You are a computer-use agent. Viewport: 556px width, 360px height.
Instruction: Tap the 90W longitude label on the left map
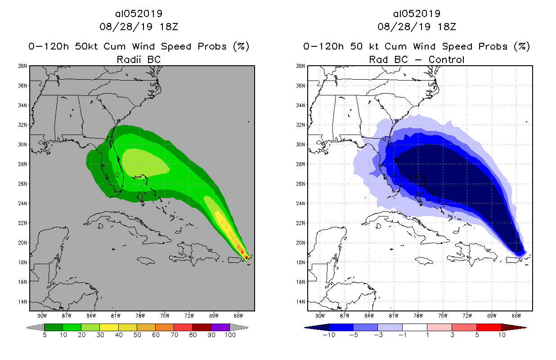tap(43, 315)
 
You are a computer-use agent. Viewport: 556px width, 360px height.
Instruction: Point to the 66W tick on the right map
tap(516, 315)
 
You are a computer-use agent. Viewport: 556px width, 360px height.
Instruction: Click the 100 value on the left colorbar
tap(230, 335)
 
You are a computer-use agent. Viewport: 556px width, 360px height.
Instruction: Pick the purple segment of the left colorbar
tap(220, 327)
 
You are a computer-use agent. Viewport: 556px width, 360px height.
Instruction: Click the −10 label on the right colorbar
tap(328, 335)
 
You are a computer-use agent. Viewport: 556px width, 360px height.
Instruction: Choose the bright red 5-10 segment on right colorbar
tap(489, 327)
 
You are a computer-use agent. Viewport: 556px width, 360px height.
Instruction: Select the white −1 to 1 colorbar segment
tap(415, 327)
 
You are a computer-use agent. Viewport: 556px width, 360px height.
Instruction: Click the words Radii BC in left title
tap(139, 59)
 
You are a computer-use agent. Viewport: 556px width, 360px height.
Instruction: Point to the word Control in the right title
tap(446, 59)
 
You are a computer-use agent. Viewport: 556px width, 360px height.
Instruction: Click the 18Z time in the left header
tap(169, 27)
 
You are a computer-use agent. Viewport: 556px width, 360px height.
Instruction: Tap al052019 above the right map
tap(417, 13)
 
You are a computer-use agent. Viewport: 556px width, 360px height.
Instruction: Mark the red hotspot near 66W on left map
tap(243, 252)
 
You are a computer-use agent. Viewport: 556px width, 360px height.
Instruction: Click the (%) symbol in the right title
tap(523, 46)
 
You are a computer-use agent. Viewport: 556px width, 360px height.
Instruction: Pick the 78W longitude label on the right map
tap(418, 315)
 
